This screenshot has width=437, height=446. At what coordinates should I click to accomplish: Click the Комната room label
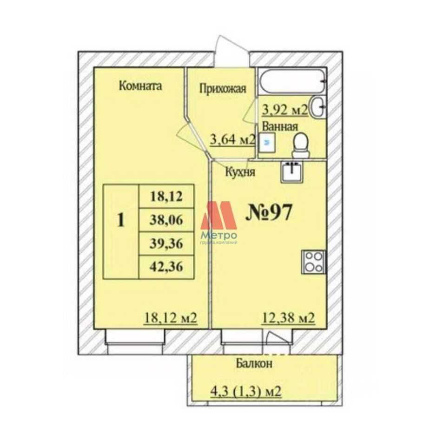tap(140, 86)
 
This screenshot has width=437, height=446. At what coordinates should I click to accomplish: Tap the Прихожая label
tap(222, 89)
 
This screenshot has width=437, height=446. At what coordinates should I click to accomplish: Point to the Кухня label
tap(240, 172)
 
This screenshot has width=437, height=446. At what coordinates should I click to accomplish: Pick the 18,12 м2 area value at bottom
tap(170, 319)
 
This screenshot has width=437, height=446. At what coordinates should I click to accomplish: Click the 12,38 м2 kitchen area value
tap(288, 319)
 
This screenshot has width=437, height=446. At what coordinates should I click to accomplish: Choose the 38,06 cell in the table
tap(166, 220)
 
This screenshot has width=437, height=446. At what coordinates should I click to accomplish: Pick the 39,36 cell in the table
tap(166, 243)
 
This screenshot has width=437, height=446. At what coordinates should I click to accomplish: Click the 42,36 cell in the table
tap(166, 267)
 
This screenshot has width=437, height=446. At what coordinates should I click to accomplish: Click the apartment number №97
tap(269, 213)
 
